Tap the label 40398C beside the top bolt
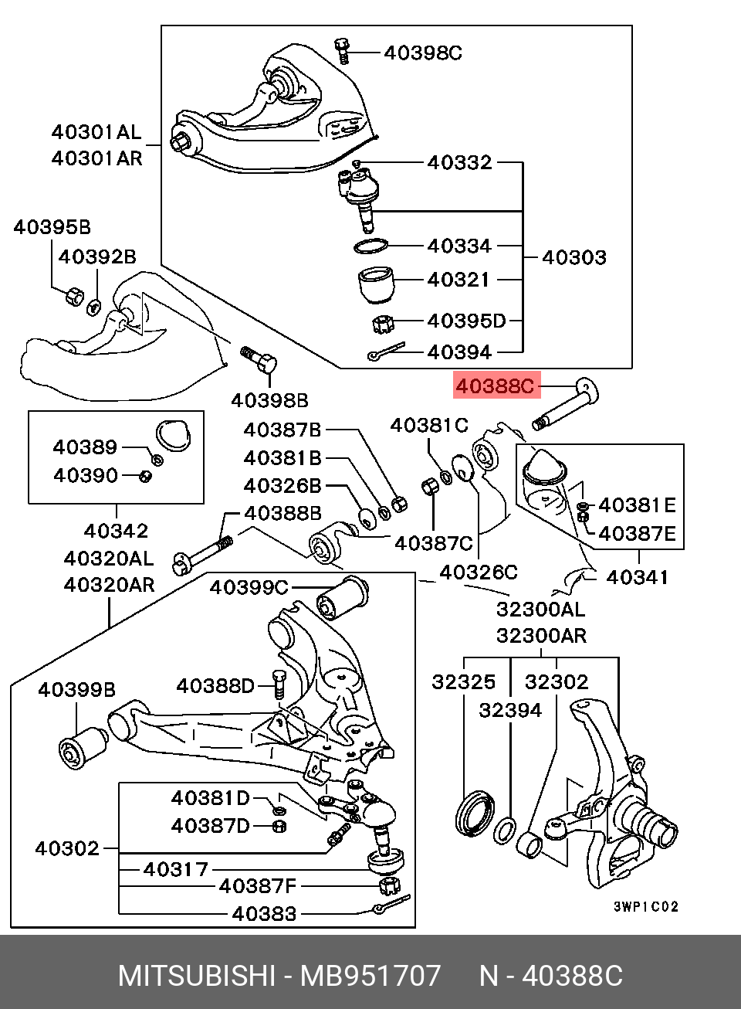tap(423, 53)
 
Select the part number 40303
tap(574, 257)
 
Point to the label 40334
tap(459, 246)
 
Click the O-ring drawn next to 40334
tap(370, 246)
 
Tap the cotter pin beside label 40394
tap(386, 351)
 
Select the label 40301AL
tap(96, 132)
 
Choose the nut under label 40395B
tap(74, 295)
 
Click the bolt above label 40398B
tap(259, 358)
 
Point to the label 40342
tap(116, 531)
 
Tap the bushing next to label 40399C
tap(343, 597)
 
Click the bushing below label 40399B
tap(83, 749)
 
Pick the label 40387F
tap(258, 886)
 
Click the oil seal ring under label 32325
tap(475, 816)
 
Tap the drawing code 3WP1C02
tap(646, 906)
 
